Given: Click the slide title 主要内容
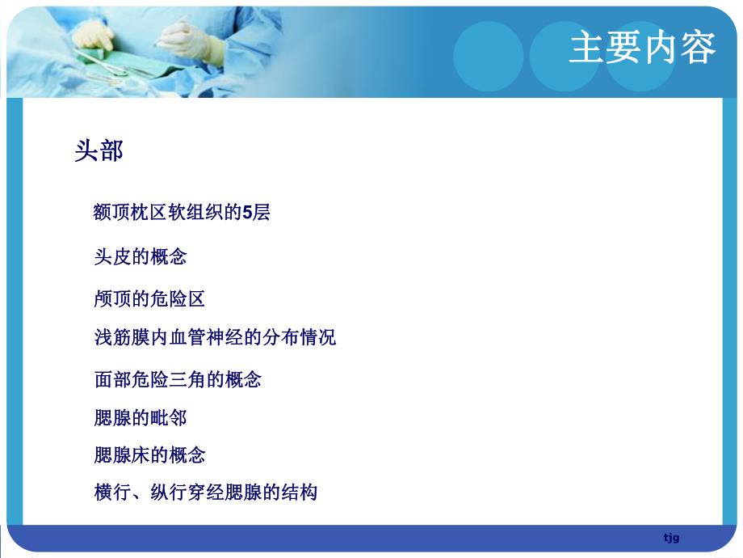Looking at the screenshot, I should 642,47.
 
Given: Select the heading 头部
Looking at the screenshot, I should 99,150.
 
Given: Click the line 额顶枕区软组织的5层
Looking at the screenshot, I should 182,213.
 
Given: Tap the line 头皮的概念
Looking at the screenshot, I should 141,257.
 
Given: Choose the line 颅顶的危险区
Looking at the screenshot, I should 149,299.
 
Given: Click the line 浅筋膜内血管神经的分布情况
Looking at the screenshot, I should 215,337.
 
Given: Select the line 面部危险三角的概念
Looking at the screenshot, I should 178,378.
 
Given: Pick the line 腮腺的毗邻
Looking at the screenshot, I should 141,417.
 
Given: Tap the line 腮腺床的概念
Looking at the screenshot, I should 149,454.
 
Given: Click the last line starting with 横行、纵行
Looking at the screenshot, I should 206,492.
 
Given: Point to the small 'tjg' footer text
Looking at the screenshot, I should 671,538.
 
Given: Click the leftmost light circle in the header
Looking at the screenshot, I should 488,55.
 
